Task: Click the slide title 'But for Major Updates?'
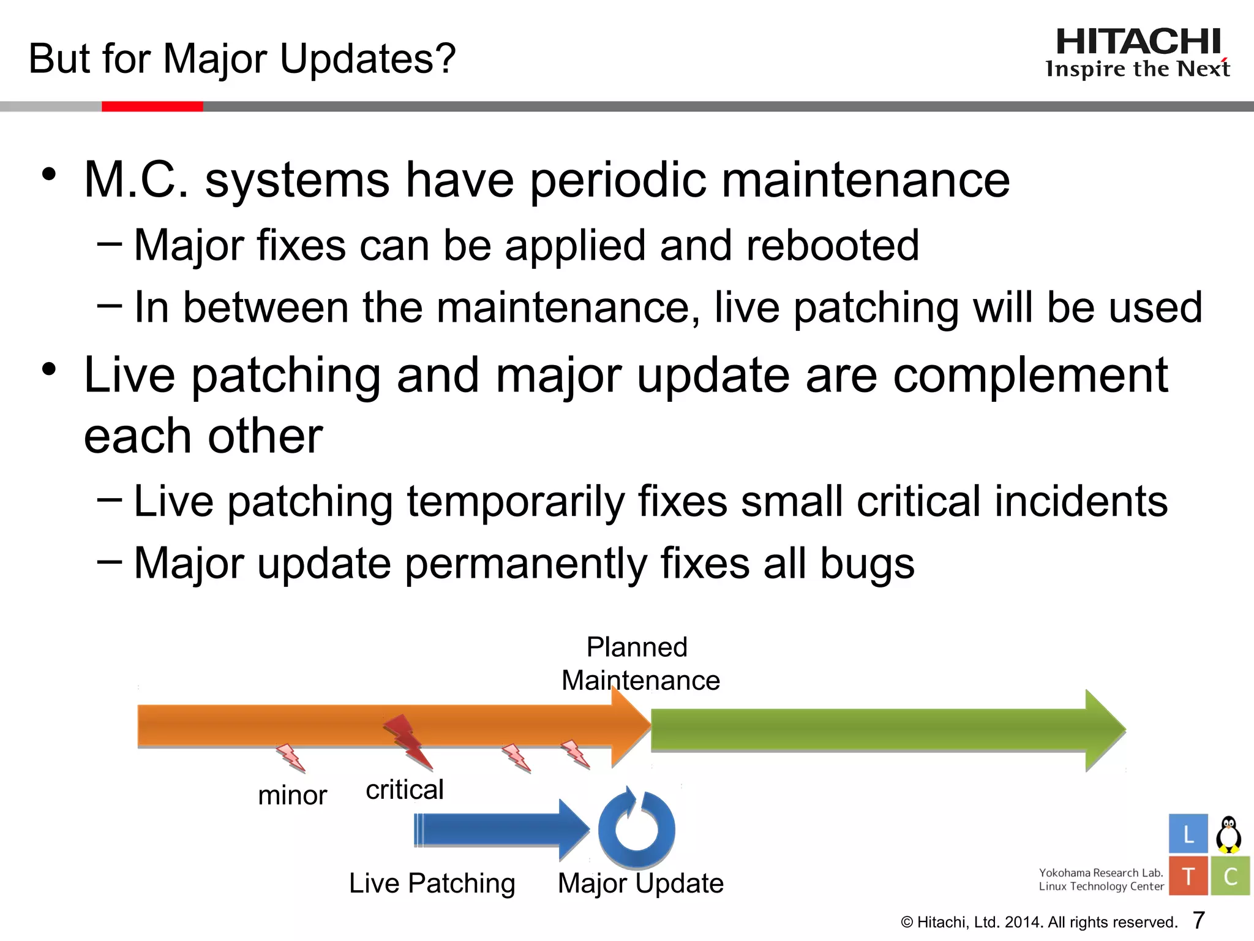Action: (x=242, y=59)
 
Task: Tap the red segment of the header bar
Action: (x=152, y=107)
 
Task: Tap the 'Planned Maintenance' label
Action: (x=640, y=663)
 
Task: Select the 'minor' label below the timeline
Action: (x=292, y=796)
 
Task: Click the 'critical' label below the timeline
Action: (x=404, y=790)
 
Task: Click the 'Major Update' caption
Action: (x=640, y=883)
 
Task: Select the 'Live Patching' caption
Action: (x=432, y=883)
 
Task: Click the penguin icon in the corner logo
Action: (x=1228, y=834)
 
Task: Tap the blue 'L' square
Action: (x=1188, y=834)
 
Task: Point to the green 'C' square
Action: (x=1230, y=876)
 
